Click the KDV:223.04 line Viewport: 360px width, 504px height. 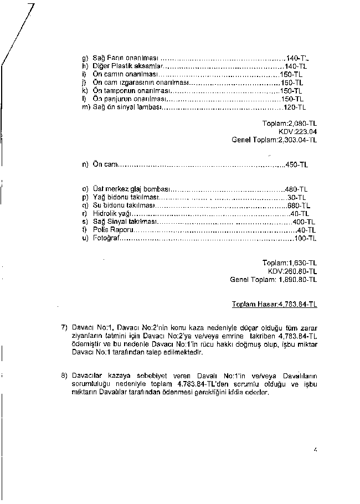(297, 132)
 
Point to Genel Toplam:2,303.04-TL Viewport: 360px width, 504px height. (274, 140)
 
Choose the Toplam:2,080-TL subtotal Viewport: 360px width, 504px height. (289, 124)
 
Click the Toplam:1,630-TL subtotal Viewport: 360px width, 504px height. (289, 263)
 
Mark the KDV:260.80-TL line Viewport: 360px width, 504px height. (292, 271)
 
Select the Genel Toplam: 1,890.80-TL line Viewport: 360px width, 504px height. (273, 280)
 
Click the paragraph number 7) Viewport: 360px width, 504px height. (64, 327)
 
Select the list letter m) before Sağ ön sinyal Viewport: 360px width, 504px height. (85, 106)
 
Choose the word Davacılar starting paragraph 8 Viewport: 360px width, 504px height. (86, 376)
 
